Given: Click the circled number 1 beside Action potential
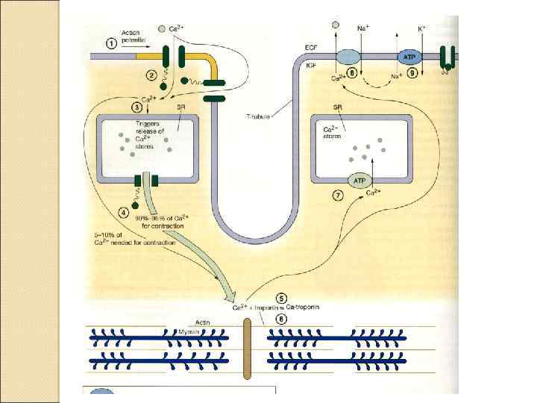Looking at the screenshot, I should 112,43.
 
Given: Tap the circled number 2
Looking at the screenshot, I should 152,75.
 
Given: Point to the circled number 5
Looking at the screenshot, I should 280,296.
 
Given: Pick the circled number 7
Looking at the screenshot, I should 338,196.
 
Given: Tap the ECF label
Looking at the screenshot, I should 312,48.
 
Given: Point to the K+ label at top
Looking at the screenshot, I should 422,28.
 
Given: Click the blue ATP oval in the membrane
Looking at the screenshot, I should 409,57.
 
